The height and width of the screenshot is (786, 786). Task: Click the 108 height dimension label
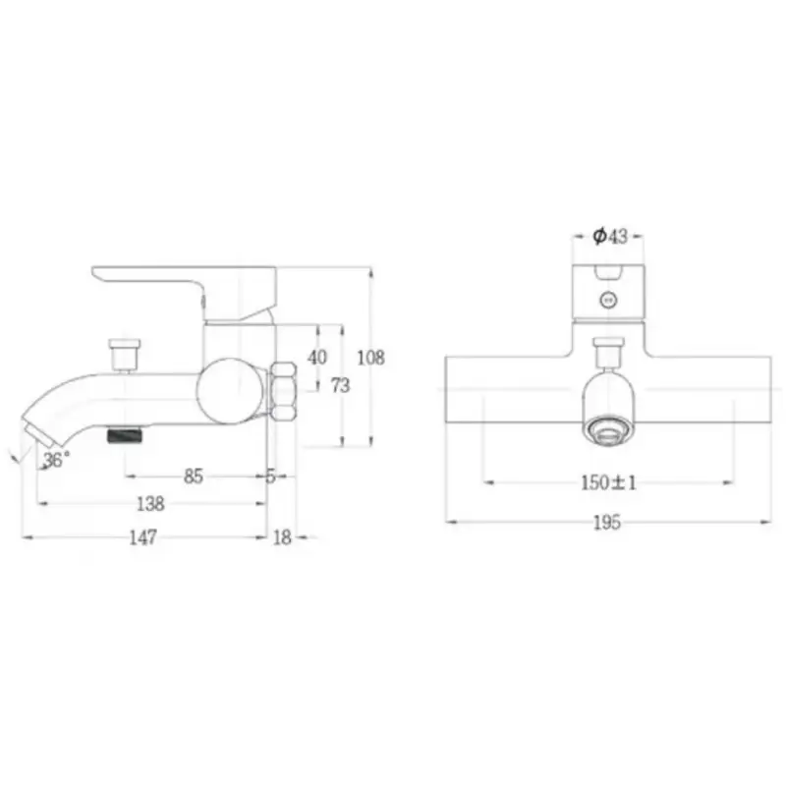[x=371, y=358]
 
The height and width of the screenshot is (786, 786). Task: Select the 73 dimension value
[x=340, y=385]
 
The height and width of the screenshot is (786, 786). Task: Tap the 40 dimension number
[x=317, y=358]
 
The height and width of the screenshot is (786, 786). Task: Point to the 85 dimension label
[x=194, y=477]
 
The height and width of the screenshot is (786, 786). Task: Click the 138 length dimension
[x=150, y=504]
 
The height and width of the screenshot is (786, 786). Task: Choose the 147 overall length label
[x=143, y=537]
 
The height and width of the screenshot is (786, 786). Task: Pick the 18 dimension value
[x=282, y=537]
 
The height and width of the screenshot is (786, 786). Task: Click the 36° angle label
[x=56, y=459]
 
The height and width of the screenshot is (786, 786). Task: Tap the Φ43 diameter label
[x=610, y=236]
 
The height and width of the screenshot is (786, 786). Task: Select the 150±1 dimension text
[x=608, y=482]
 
